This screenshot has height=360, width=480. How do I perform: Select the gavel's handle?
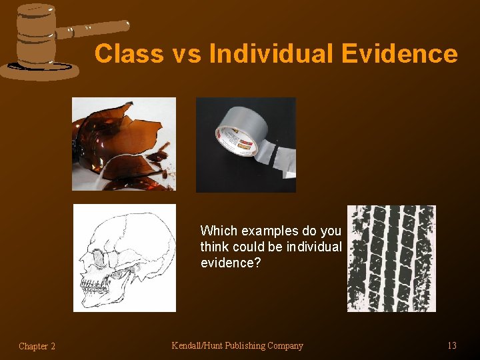pyautogui.click(x=93, y=28)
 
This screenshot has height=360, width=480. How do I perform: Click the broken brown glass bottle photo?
pyautogui.click(x=124, y=143)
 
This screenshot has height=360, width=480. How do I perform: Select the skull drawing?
pyautogui.click(x=124, y=257)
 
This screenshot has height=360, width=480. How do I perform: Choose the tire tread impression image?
pyautogui.click(x=391, y=258)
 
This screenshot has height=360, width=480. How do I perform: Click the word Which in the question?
pyautogui.click(x=219, y=231)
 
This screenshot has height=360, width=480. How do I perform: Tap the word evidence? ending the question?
pyautogui.click(x=230, y=263)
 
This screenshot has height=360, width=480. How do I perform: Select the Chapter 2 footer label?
pyautogui.click(x=37, y=346)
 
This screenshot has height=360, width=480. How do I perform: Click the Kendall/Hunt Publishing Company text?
pyautogui.click(x=237, y=345)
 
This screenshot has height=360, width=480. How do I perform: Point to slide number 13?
pyautogui.click(x=451, y=345)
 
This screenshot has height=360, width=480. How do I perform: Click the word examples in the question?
pyautogui.click(x=270, y=231)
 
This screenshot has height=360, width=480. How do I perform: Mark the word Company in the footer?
pyautogui.click(x=285, y=345)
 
